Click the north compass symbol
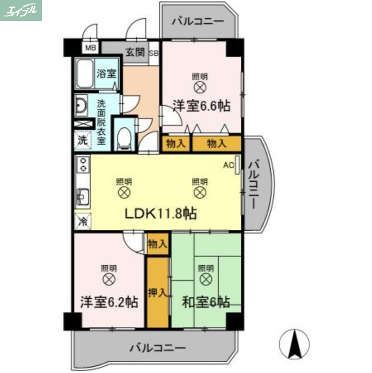(294, 344)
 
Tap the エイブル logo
(21, 10)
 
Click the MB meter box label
(91, 48)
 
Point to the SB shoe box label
(154, 53)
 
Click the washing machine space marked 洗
(82, 139)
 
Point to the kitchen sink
(83, 196)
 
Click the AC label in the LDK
(228, 165)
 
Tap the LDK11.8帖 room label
(159, 214)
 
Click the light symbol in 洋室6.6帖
(200, 87)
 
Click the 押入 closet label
(157, 293)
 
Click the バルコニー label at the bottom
(158, 348)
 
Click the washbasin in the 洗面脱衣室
(81, 106)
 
